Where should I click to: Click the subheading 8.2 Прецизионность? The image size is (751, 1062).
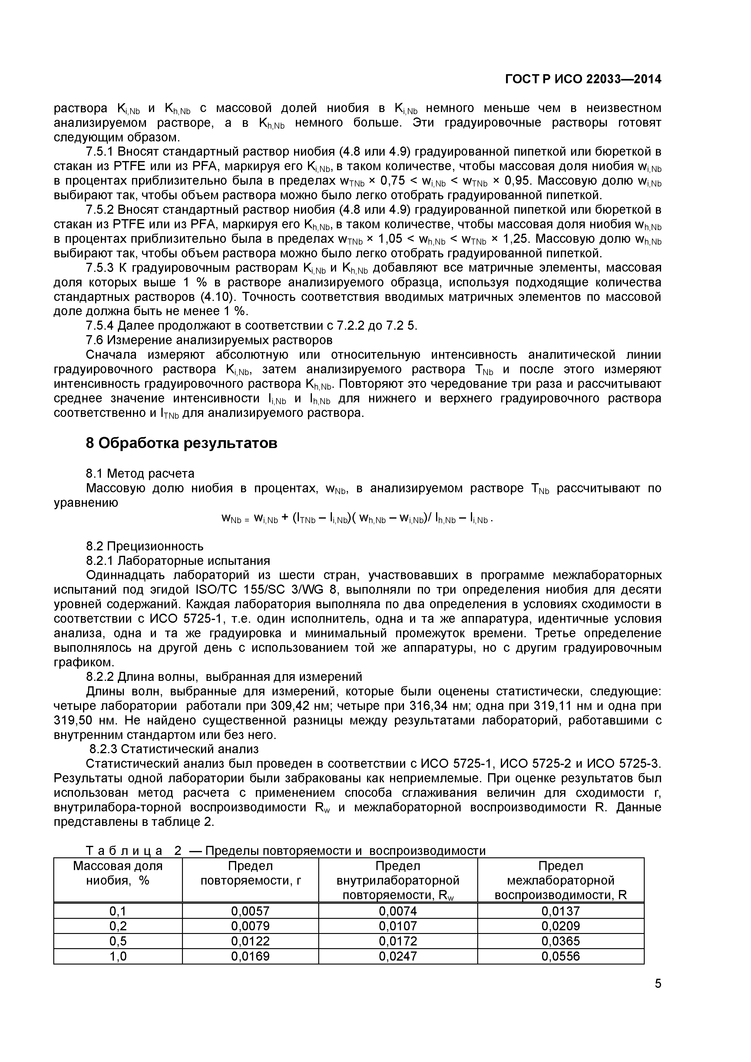point(144,546)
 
